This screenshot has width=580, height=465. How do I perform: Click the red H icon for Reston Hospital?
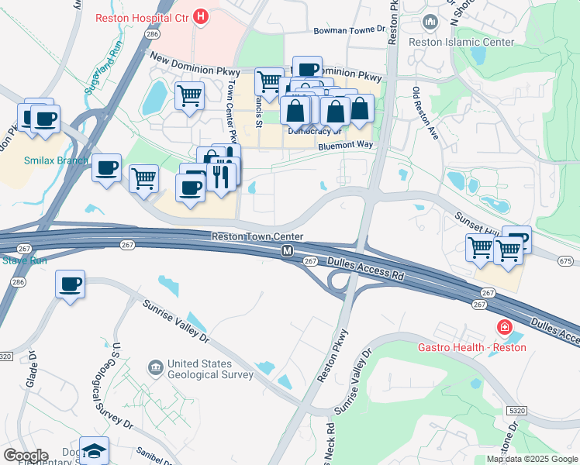point(201,15)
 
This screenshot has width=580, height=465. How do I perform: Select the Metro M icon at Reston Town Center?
point(288,251)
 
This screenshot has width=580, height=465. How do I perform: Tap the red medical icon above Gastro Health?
point(506,329)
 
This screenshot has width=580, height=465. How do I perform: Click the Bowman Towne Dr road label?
point(349,31)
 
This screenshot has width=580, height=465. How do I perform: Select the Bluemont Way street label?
point(347,145)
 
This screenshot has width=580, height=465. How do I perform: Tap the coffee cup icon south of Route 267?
point(71,284)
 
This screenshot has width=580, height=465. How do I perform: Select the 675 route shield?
point(565,262)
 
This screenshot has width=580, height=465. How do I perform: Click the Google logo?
point(25,456)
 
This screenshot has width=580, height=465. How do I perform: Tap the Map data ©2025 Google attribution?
point(532,459)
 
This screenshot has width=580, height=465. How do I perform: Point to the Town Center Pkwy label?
point(230,108)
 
